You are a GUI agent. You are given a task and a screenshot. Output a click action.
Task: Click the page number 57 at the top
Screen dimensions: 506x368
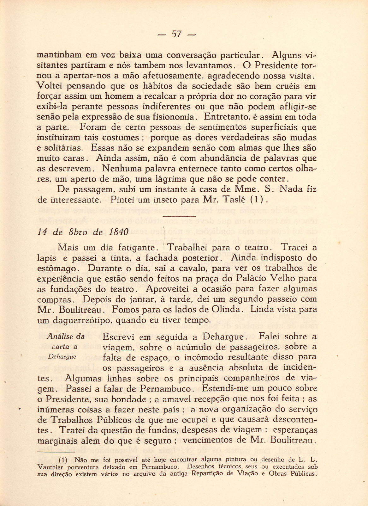tap(176, 34)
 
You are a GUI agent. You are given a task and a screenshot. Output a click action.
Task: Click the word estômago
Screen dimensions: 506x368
tap(56, 268)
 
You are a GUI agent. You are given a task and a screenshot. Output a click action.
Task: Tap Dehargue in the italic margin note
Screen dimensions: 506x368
tap(62, 357)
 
